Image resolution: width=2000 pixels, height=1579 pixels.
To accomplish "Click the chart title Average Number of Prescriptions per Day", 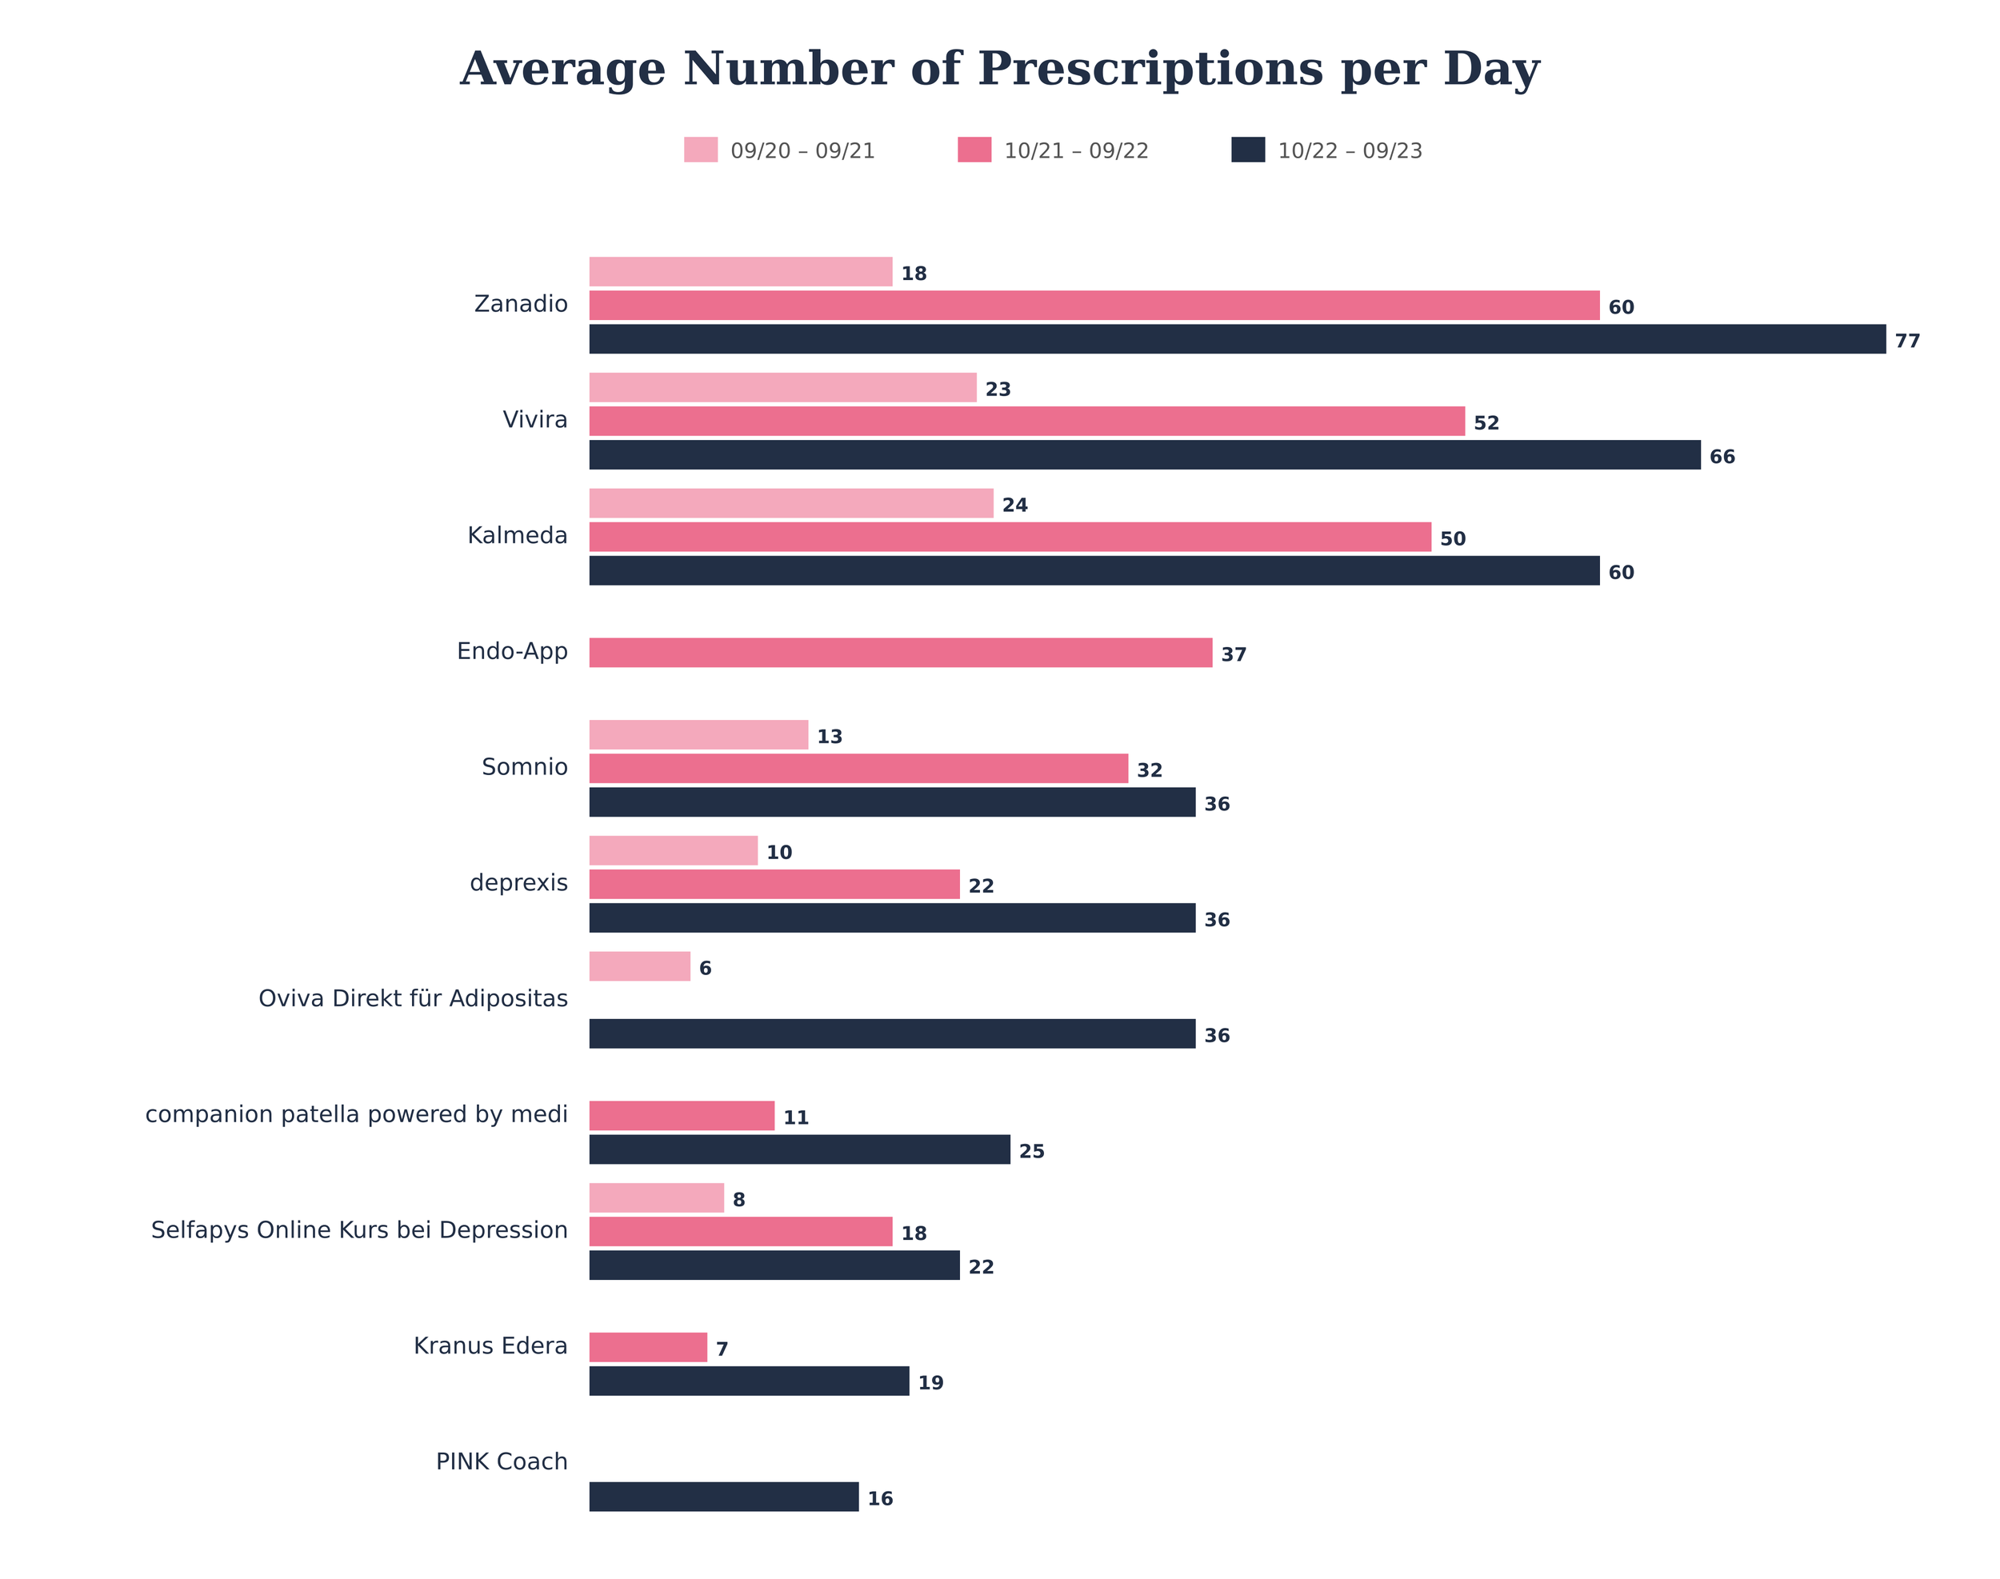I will pos(999,70).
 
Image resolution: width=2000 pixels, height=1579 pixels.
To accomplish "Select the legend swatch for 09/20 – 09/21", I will pos(700,150).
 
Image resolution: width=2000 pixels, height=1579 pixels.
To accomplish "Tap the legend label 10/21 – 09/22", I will pos(1075,150).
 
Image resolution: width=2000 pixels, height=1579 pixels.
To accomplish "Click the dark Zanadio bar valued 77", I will pos(1236,339).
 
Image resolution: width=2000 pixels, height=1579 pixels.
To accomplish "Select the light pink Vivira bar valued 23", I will pos(782,387).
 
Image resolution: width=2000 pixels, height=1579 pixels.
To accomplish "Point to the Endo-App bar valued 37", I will pos(900,653).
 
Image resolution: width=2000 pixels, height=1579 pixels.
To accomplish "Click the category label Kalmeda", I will pos(517,536).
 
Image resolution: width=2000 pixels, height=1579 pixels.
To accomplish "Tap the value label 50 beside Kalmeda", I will pos(1452,539).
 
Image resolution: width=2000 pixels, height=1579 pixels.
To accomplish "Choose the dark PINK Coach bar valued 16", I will pos(723,1497).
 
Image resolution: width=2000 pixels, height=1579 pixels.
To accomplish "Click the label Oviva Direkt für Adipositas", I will pos(412,999).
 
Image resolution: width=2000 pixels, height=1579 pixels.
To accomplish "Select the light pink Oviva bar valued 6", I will pos(639,966).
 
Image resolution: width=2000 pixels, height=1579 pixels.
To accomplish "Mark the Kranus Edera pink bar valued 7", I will pos(647,1347).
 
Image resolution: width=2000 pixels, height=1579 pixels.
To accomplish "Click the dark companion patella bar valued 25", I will pos(799,1149).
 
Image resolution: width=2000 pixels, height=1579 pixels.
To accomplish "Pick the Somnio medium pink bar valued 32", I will pos(858,768).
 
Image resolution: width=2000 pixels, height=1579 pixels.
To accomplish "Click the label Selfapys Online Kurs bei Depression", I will pos(358,1230).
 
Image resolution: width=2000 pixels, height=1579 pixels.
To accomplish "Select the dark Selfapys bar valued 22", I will pos(774,1265).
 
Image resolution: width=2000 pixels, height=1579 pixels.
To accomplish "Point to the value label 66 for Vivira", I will pos(1721,457).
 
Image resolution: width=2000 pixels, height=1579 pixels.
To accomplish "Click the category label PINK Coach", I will pos(501,1461).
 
